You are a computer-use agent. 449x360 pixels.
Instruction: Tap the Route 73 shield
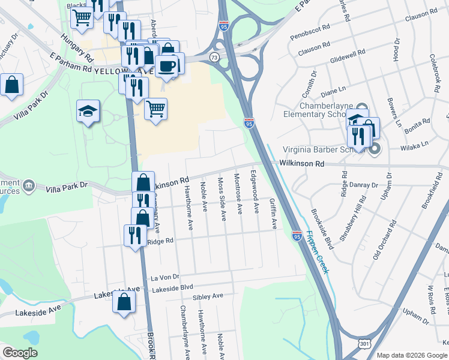pyautogui.click(x=214, y=56)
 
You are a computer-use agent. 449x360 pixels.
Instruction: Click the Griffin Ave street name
pyautogui.click(x=274, y=214)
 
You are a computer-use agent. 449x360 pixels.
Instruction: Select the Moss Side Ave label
pyautogui.click(x=222, y=198)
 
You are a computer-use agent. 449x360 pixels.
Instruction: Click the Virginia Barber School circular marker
pyautogui.click(x=375, y=148)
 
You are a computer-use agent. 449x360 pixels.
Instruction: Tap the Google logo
pyautogui.click(x=20, y=353)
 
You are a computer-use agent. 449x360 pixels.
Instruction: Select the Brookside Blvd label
pyautogui.click(x=322, y=229)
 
